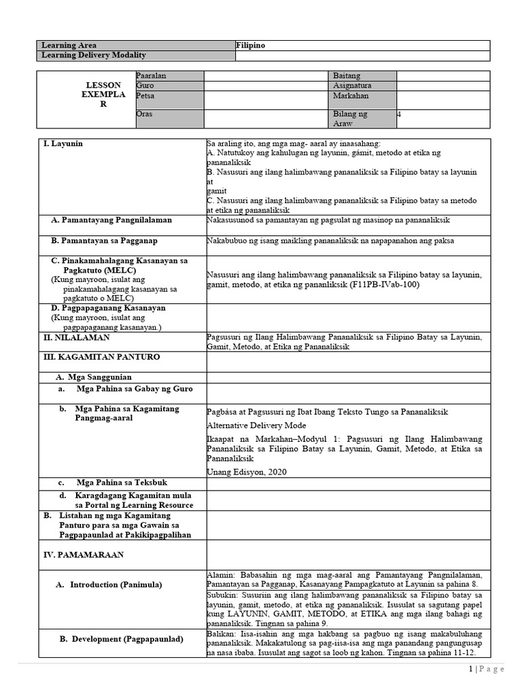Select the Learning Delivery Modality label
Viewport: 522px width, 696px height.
(94, 55)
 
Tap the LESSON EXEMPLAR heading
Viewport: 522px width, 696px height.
(103, 95)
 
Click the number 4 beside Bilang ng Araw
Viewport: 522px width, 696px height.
(399, 114)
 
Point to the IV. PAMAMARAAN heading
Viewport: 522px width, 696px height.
(83, 555)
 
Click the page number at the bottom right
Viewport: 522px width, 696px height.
(470, 669)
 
